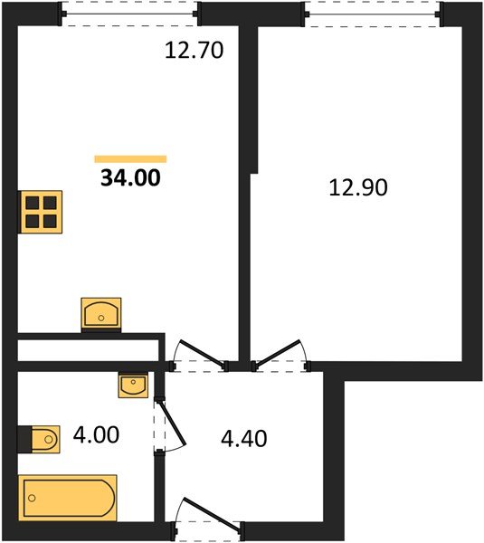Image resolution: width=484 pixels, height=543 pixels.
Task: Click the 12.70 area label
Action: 193,51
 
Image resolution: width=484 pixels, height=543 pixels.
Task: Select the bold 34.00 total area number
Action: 131,177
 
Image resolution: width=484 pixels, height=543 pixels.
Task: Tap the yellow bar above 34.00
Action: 131,158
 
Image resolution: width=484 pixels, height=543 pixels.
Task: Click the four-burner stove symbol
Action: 41,213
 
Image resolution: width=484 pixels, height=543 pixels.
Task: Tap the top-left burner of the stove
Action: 32,204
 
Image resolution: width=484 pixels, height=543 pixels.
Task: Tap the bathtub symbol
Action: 70,497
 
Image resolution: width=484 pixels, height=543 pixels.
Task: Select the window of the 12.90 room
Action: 373,13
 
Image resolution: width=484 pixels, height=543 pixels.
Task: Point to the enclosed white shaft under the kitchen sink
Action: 88,348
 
